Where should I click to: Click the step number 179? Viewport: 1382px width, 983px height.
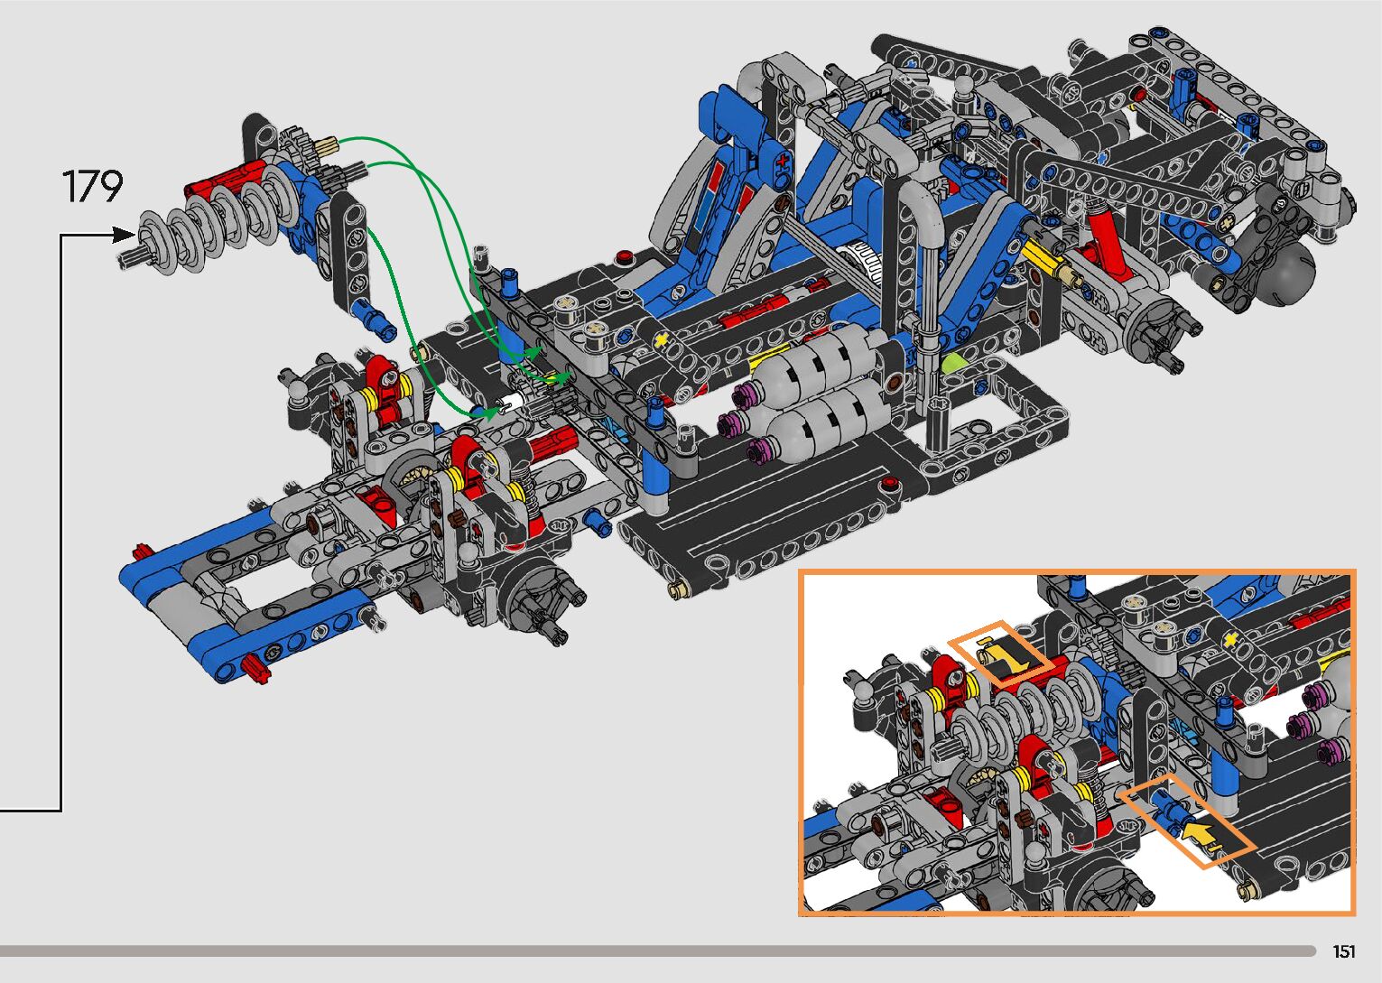(93, 186)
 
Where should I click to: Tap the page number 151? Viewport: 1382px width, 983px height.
(1344, 951)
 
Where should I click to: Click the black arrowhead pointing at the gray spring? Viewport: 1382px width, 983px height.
(124, 235)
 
